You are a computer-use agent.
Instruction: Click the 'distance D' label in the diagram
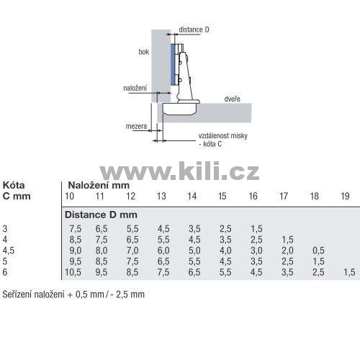click(x=194, y=30)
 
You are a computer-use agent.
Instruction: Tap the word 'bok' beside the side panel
click(x=144, y=52)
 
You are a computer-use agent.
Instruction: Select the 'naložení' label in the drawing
click(x=135, y=88)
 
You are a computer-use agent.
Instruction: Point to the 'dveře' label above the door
click(x=232, y=99)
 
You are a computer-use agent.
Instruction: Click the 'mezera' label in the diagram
click(x=136, y=126)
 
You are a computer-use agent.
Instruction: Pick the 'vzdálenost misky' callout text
click(x=223, y=136)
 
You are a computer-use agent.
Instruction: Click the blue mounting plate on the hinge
click(x=173, y=65)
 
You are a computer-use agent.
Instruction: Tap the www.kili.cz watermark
click(x=179, y=171)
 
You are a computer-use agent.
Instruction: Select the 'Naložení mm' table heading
click(x=99, y=185)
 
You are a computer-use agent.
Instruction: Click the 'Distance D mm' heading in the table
click(x=101, y=215)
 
